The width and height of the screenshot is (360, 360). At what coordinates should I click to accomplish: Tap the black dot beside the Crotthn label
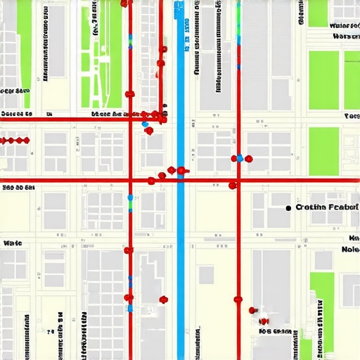(x=289, y=208)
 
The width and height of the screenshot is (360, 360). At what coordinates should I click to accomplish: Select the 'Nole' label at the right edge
(x=350, y=249)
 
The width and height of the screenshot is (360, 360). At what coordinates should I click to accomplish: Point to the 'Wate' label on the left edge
(x=13, y=243)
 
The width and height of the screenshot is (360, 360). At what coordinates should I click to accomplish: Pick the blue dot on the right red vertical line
(x=240, y=158)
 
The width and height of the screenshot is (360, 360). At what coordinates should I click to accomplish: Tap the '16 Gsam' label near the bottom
(x=275, y=330)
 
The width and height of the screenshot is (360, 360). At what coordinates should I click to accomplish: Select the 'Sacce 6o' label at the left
(x=15, y=113)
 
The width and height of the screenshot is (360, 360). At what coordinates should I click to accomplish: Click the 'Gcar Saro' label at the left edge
(x=14, y=91)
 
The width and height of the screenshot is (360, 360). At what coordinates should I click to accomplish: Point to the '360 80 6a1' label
(x=19, y=188)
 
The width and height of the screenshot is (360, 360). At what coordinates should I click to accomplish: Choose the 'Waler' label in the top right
(x=344, y=25)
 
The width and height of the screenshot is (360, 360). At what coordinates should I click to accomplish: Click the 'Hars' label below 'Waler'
(x=346, y=37)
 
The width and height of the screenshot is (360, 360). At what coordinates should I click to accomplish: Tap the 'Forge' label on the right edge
(x=352, y=115)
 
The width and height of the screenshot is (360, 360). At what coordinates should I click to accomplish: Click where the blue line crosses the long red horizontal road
(x=181, y=181)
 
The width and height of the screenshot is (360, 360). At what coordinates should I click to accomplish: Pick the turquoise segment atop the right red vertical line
(x=238, y=14)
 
